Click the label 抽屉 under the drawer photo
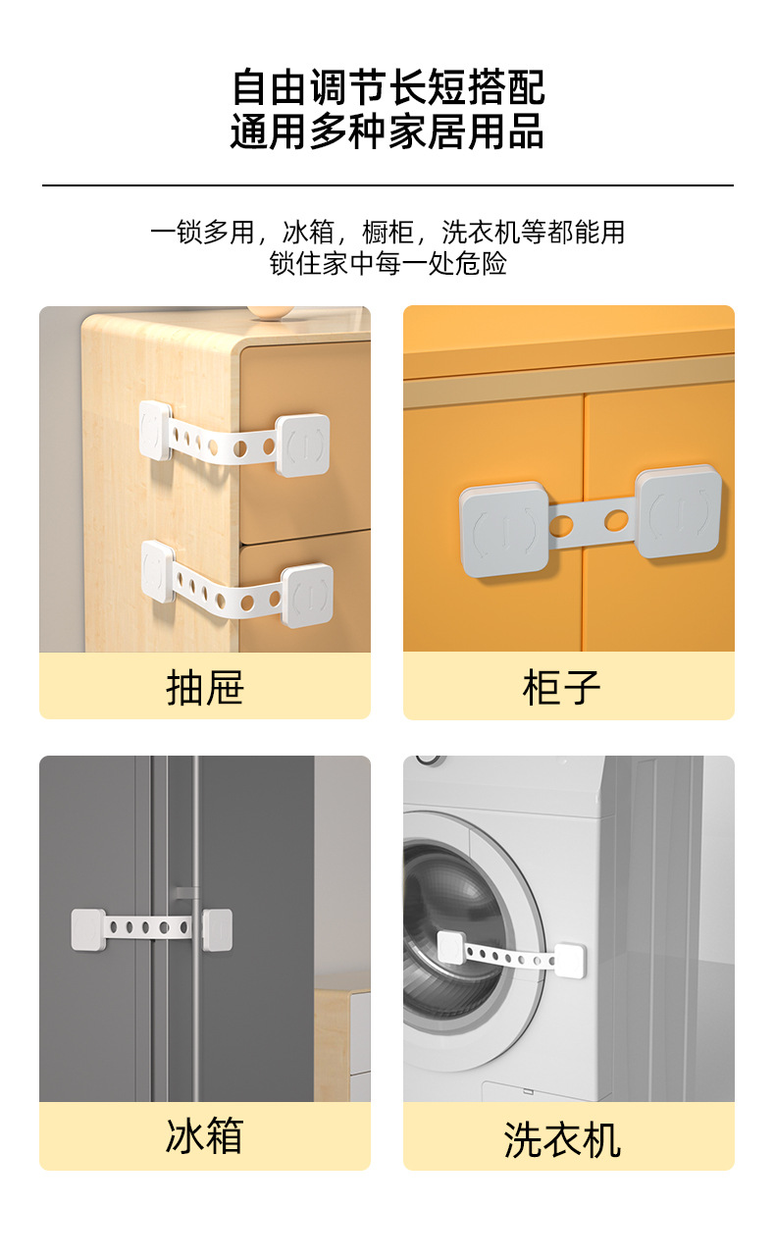coord(204,687)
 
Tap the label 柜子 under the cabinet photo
coord(561,687)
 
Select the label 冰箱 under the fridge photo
coord(204,1135)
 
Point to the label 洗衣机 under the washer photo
coord(562,1139)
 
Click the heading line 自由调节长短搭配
coord(387,88)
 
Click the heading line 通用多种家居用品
coord(387,131)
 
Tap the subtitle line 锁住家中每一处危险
coord(387,264)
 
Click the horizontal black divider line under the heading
coord(387,184)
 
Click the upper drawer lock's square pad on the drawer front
coord(302,445)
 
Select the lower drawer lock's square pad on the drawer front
coord(306,596)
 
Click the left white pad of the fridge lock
coord(88,928)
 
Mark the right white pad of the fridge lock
coord(218,928)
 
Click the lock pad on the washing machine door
coord(450,946)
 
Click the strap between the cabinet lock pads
coord(592,520)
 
